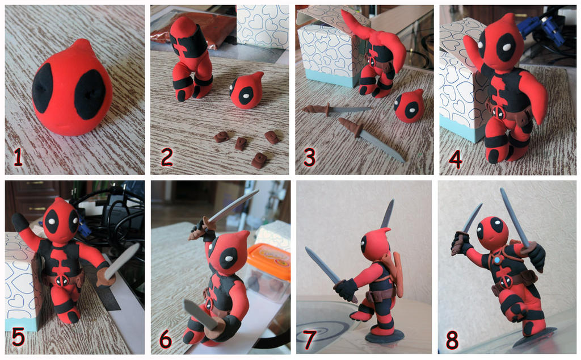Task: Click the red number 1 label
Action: (x=18, y=157)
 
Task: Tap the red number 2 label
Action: (x=166, y=157)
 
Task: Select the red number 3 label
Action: (x=309, y=157)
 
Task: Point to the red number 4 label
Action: (x=455, y=158)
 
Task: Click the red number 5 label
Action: (x=18, y=337)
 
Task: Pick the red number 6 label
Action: (x=165, y=338)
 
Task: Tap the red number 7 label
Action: (x=310, y=339)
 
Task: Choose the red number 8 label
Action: (x=452, y=339)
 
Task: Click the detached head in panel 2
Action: (x=246, y=91)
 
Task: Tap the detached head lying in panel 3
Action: (x=409, y=106)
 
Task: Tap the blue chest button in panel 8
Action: (x=497, y=260)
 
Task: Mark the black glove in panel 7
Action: (x=345, y=288)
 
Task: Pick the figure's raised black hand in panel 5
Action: (x=20, y=221)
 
